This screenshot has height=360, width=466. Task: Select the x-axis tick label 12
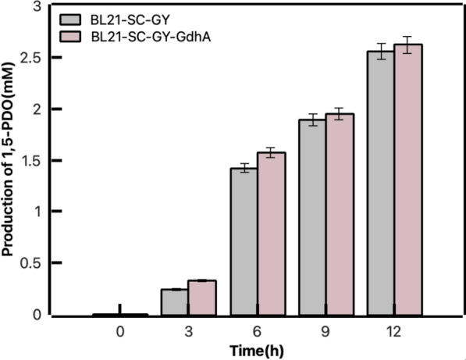pyautogui.click(x=393, y=331)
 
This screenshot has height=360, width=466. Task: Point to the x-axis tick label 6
pyautogui.click(x=256, y=331)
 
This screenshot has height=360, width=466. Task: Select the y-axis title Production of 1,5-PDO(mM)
pyautogui.click(x=10, y=160)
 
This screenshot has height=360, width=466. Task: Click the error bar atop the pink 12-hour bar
pyautogui.click(x=407, y=45)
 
